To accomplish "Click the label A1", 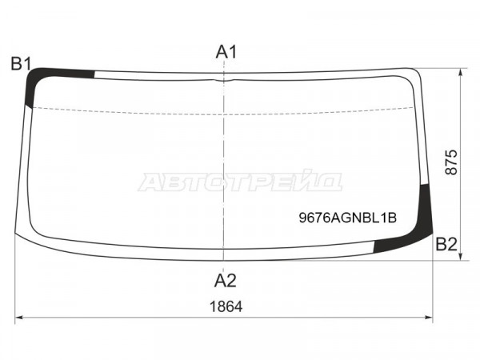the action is [226, 52].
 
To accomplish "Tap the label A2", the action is [226, 281].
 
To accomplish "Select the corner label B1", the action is [21, 64].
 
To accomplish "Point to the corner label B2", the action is [446, 244].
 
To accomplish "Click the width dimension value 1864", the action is [226, 306].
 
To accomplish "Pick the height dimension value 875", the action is [451, 162].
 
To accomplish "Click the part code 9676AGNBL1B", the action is [348, 218].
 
